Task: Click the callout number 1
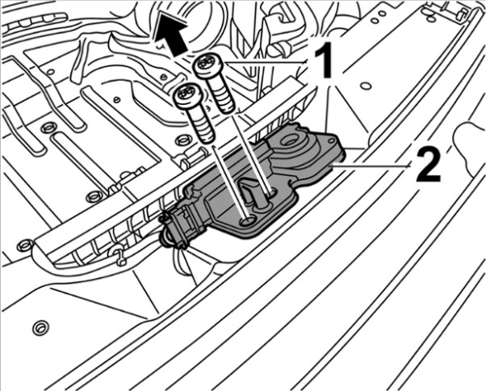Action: click(x=323, y=61)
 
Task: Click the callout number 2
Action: click(x=427, y=165)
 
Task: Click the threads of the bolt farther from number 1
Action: click(x=202, y=124)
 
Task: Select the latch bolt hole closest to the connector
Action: click(x=248, y=221)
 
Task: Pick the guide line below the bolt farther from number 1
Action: click(x=229, y=183)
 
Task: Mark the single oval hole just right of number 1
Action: click(x=366, y=86)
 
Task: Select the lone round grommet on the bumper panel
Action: click(x=40, y=328)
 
